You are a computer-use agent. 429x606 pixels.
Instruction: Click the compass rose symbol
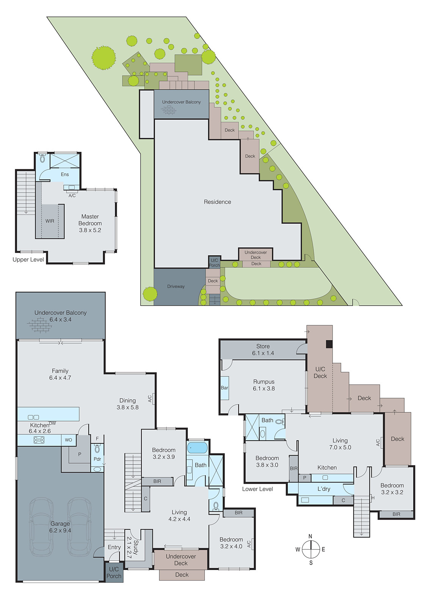[x=311, y=549]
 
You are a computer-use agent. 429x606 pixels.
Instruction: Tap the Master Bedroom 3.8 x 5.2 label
[x=90, y=223]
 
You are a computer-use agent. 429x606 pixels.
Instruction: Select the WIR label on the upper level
[x=50, y=221]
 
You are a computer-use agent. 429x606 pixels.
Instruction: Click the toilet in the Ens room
[x=42, y=158]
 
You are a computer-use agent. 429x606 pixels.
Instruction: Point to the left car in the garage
[x=41, y=526]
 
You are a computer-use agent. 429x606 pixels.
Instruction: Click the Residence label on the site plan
[x=217, y=202]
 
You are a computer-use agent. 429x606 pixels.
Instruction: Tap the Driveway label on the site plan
[x=176, y=286]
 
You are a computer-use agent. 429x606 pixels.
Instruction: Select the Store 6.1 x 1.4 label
[x=263, y=350]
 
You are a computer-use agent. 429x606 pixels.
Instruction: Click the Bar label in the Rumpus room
[x=225, y=388]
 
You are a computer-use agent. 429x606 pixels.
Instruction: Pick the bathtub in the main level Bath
[x=197, y=448]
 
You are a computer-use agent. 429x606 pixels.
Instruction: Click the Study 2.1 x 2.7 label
[x=132, y=547]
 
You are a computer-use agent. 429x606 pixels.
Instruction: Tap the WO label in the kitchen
[x=68, y=440]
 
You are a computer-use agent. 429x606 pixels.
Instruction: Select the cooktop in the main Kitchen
[x=39, y=440]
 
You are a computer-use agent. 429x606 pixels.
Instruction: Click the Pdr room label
[x=97, y=459]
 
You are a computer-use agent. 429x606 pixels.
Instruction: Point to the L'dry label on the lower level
[x=324, y=489]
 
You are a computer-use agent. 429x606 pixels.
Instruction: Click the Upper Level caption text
[x=28, y=259]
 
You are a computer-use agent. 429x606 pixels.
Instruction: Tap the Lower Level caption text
[x=258, y=489]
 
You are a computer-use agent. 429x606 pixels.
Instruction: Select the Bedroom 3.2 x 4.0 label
[x=231, y=543]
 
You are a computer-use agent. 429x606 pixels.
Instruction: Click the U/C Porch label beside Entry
[x=114, y=572]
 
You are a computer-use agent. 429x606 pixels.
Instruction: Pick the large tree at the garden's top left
[x=103, y=58]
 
